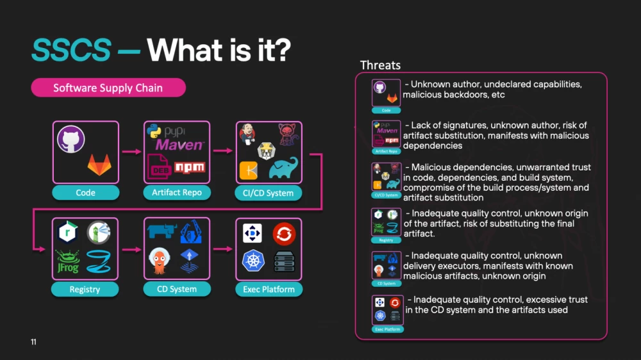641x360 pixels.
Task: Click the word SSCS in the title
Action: point(71,51)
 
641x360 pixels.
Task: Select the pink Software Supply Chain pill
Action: point(108,88)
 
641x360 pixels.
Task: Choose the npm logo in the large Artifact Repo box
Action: point(189,167)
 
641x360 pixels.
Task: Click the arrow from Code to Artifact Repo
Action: point(131,152)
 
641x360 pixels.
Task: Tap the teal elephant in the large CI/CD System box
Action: point(283,168)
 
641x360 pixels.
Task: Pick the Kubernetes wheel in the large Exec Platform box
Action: point(252,261)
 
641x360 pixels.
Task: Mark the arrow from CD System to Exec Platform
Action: point(223,249)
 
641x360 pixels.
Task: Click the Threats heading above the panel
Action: point(380,65)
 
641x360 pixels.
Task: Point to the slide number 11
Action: point(33,342)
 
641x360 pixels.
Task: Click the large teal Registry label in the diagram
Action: point(85,290)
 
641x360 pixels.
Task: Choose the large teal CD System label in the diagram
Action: point(177,289)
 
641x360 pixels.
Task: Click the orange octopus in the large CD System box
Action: point(161,260)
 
